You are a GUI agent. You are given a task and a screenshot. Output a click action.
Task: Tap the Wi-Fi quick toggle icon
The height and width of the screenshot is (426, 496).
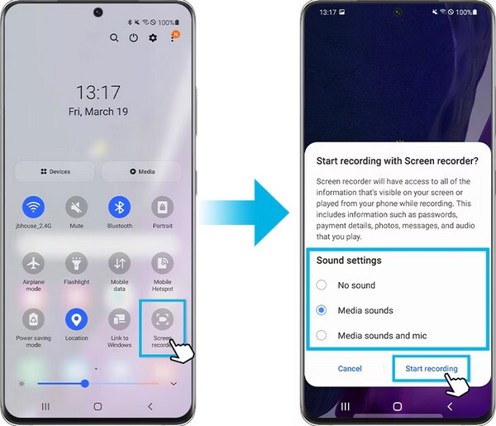[34, 207]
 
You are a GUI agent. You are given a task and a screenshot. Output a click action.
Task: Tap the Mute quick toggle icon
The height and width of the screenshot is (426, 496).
[77, 207]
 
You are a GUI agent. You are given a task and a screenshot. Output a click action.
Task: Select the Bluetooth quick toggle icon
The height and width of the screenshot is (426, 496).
[119, 207]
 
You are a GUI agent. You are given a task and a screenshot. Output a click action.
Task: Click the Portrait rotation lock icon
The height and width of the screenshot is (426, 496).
[162, 207]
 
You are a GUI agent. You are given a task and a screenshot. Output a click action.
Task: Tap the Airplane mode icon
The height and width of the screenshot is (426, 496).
[34, 263]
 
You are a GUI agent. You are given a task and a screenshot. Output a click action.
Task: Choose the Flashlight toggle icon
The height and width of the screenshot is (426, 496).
[77, 263]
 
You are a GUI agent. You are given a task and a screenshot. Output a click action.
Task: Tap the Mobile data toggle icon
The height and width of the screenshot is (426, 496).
[119, 263]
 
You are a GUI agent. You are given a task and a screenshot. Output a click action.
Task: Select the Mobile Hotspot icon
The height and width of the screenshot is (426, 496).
[162, 263]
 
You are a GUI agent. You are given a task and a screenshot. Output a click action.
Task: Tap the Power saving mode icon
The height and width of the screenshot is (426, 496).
[34, 318]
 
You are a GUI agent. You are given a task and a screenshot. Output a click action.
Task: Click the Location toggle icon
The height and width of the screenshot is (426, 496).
[77, 318]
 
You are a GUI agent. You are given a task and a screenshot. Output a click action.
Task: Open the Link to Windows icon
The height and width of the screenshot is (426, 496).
[119, 318]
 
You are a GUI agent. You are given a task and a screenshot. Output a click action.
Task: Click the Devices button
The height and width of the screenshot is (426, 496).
[55, 171]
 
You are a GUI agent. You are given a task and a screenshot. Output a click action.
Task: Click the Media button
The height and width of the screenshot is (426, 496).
[141, 171]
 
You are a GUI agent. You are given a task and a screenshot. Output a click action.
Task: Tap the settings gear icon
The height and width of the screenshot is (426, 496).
[153, 38]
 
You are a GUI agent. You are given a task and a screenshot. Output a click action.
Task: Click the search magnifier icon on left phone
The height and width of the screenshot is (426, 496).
[114, 38]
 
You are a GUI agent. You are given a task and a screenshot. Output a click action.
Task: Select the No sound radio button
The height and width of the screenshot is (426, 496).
[321, 285]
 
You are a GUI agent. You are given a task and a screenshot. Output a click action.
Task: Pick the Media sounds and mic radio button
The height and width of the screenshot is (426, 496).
[321, 335]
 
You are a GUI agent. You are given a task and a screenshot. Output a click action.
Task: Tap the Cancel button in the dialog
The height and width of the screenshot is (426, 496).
[350, 368]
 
